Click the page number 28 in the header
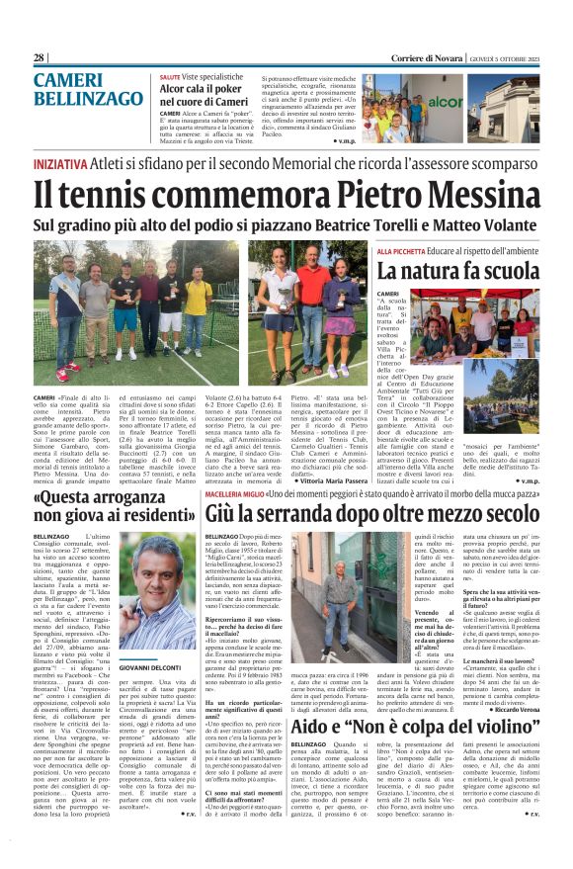[40, 58]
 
